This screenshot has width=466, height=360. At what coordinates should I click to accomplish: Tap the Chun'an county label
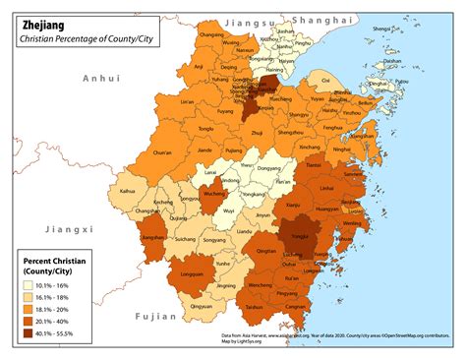165,152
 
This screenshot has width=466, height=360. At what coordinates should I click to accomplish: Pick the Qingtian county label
266,251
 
